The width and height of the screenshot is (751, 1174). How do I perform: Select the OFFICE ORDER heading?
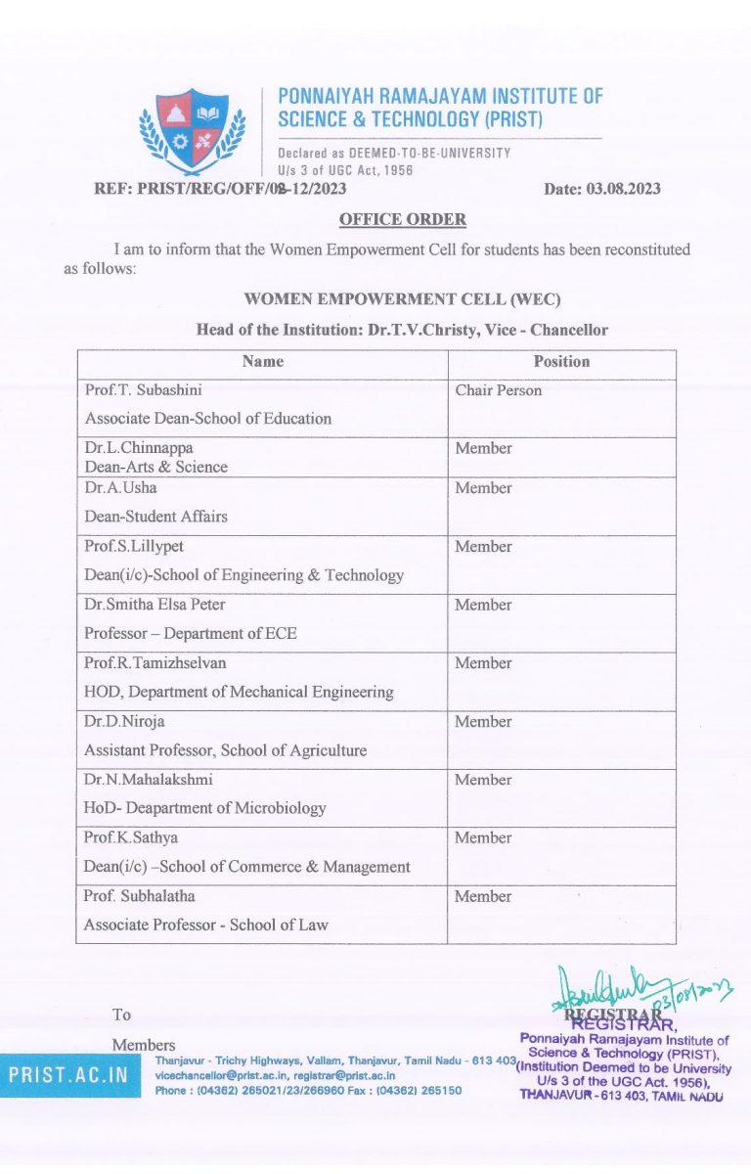coord(402,219)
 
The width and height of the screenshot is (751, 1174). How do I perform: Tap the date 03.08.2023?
coord(601,189)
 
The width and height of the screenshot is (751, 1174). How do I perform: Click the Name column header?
coord(263,361)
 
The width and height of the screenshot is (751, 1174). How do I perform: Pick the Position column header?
coord(561,361)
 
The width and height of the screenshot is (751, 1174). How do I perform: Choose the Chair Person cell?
coord(498,390)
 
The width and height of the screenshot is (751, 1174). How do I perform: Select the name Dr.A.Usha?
coord(120,487)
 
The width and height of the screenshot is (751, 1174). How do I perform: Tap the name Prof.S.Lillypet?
coord(136,546)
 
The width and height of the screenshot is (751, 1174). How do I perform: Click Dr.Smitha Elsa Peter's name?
coord(155,605)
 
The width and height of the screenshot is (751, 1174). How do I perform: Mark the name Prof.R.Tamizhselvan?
coord(155,662)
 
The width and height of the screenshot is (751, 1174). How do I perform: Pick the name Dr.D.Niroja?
coord(127,721)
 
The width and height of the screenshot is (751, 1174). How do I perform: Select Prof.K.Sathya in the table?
coord(131,837)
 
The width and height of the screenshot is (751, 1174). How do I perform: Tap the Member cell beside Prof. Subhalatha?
coord(483,896)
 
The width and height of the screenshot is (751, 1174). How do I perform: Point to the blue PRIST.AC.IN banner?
coord(69,1074)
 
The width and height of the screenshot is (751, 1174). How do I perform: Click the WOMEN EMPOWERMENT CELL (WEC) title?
coord(402,298)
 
